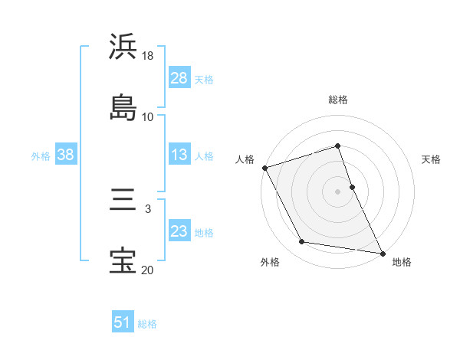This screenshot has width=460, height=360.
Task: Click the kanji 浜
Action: [x=123, y=47]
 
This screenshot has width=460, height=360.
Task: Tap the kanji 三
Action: [x=123, y=201]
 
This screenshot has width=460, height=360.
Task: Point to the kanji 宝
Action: [x=123, y=260]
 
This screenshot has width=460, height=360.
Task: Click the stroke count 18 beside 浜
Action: [x=148, y=56]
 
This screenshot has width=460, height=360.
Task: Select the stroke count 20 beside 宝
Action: [x=148, y=269]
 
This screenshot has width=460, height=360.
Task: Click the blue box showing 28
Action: [x=179, y=78]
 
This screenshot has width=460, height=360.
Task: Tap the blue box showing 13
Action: [x=179, y=155]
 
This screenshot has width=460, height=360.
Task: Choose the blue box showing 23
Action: [x=179, y=231]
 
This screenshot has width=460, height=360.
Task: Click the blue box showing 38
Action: [x=66, y=155]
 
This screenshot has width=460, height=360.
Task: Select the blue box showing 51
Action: [x=123, y=322]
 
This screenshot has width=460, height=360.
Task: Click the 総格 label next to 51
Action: [x=147, y=323]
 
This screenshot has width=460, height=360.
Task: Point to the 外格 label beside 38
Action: [x=41, y=155]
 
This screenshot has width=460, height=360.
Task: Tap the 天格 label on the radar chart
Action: [x=432, y=159]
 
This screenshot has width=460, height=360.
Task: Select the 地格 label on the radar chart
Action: [x=402, y=262]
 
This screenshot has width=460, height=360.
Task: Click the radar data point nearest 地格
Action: [x=382, y=252]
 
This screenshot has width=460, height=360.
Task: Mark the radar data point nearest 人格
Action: [x=264, y=168]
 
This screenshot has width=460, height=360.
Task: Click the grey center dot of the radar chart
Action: [x=337, y=191]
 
